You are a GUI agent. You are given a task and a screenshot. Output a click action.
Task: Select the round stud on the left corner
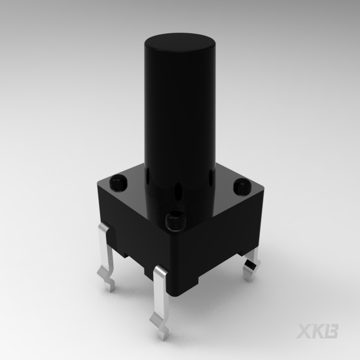[118, 182]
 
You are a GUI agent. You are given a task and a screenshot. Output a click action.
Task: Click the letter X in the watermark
[304, 332]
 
